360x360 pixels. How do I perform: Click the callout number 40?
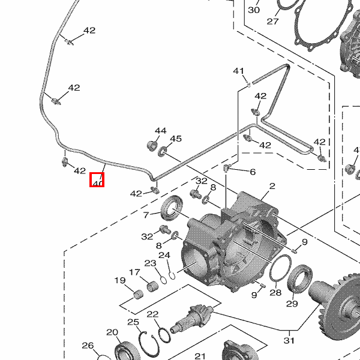coord(97,179)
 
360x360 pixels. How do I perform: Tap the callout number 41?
coord(239,71)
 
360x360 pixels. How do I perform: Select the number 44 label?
coord(160,131)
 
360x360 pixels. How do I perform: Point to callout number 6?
coord(253,172)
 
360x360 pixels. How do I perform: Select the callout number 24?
coord(164,255)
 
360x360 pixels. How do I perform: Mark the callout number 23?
coord(150,263)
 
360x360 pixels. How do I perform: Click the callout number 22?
coord(152,314)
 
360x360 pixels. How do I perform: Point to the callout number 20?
coord(112,332)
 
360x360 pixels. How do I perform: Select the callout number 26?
coord(88,345)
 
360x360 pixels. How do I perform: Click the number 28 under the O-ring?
coord(275,293)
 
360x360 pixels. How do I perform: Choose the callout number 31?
coord(290,340)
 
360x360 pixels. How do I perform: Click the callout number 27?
coord(273,22)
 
